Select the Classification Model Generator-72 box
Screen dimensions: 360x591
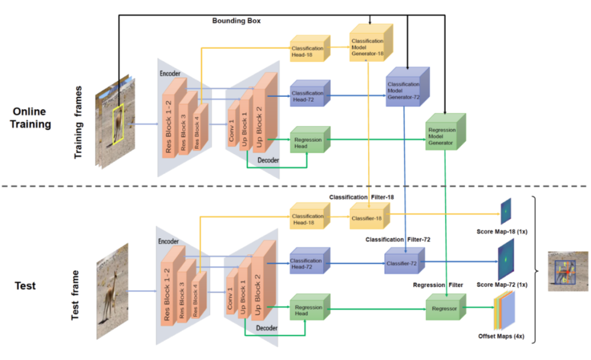click(x=405, y=89)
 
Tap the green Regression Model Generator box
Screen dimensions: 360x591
click(x=444, y=135)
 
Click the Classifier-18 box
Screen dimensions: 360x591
click(x=368, y=217)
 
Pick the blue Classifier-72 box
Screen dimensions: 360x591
click(x=404, y=263)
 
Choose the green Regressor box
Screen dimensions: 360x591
click(x=444, y=309)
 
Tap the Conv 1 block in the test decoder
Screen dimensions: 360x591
click(x=232, y=300)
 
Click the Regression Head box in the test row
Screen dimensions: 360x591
click(x=308, y=310)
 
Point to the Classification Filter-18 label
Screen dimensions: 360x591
click(x=361, y=196)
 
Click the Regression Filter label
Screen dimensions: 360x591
click(x=438, y=285)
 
